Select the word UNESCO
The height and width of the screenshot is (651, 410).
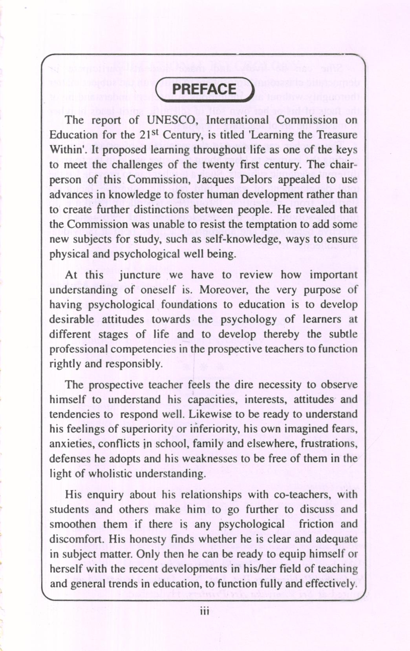172,120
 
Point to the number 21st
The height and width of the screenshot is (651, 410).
149,134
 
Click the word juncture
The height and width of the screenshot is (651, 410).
140,275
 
